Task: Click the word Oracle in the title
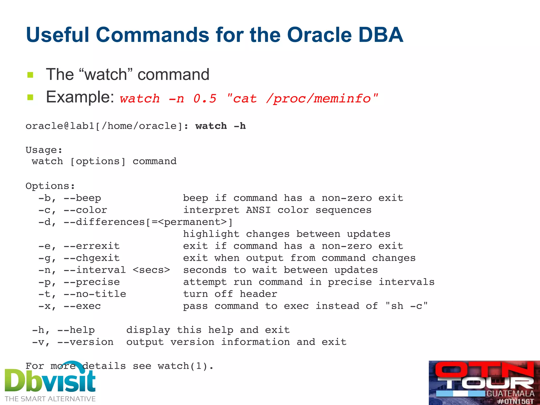[x=319, y=35]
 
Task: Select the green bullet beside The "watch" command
[x=30, y=75]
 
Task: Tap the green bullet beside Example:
[x=30, y=98]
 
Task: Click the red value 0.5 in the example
[x=205, y=99]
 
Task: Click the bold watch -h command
[x=220, y=126]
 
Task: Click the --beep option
[x=82, y=198]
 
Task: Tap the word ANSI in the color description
[x=258, y=210]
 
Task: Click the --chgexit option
[x=91, y=258]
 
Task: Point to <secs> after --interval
[x=151, y=270]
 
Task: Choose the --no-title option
[x=95, y=294]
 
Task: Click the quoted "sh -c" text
[x=406, y=306]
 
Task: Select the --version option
[x=85, y=342]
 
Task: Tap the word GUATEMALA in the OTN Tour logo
[x=510, y=394]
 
